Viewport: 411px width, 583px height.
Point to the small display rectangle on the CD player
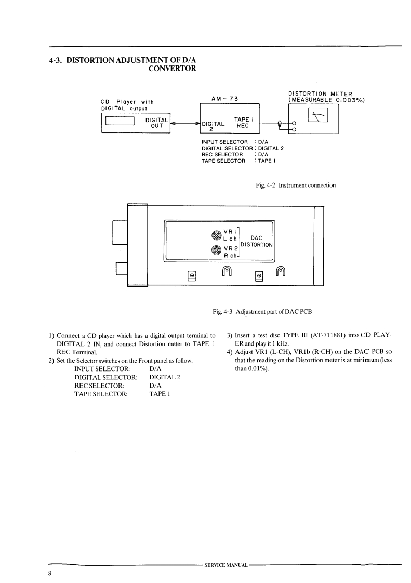coord(120,122)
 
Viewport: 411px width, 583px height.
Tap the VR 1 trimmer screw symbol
coord(216,235)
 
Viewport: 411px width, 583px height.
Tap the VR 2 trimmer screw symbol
coord(216,251)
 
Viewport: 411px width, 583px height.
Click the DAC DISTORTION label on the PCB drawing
coord(257,242)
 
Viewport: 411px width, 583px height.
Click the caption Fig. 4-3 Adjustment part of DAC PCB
coord(261,311)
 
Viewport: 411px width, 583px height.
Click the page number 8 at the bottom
coord(50,573)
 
